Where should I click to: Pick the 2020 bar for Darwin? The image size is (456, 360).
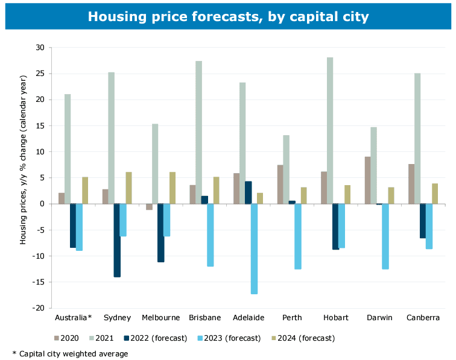click(367, 180)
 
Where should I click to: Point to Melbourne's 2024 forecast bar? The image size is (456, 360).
click(172, 188)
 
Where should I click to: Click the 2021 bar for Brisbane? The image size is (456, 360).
click(199, 132)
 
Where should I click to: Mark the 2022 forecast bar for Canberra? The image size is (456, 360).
click(422, 221)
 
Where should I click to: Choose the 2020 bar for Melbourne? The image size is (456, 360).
click(149, 207)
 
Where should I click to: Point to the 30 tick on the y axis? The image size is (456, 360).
click(40, 48)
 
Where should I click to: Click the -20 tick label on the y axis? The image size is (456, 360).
click(39, 308)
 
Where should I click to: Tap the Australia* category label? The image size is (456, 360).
click(73, 317)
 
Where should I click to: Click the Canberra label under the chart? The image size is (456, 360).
click(422, 317)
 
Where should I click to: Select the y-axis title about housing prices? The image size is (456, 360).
click(24, 177)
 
